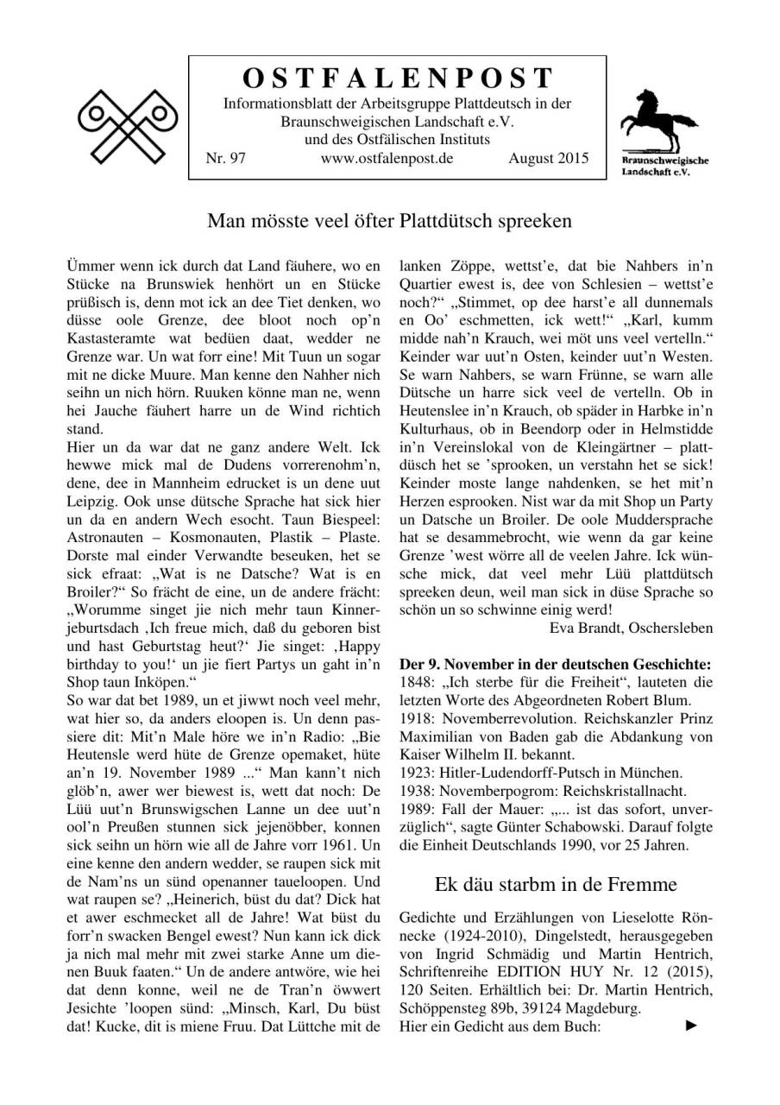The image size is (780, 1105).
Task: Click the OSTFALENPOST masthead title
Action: click(x=398, y=79)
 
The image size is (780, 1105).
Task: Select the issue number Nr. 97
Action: click(x=224, y=158)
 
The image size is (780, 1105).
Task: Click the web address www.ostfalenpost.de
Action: click(x=387, y=158)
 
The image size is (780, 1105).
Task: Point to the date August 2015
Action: click(x=549, y=158)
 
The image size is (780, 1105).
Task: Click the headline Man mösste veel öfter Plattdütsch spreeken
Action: click(x=389, y=221)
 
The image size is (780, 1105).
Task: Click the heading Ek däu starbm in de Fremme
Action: click(x=556, y=884)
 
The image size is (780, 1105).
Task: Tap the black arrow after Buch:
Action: click(x=690, y=1026)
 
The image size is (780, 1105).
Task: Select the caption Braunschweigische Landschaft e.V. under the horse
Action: click(x=653, y=166)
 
